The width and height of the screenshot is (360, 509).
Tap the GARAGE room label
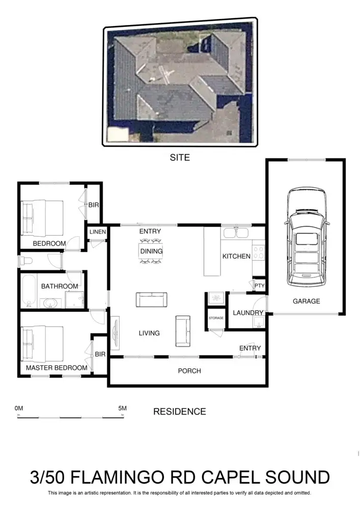pyautogui.click(x=306, y=301)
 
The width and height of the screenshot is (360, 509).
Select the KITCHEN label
pyautogui.click(x=236, y=256)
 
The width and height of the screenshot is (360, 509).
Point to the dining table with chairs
pyautogui.click(x=151, y=251)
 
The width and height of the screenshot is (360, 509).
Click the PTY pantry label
pyautogui.click(x=260, y=286)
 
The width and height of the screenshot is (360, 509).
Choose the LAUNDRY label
pyautogui.click(x=248, y=313)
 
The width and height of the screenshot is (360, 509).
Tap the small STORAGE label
pyautogui.click(x=216, y=318)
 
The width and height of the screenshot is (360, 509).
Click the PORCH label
pyautogui.click(x=189, y=371)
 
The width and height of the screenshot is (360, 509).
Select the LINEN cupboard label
pyautogui.click(x=97, y=232)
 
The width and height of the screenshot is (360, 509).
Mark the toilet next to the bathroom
pyautogui.click(x=26, y=261)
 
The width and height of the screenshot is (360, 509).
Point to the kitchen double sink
pyautogui.click(x=236, y=233)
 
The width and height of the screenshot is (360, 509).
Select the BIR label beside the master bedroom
pyautogui.click(x=100, y=354)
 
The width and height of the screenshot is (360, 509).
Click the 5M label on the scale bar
pyautogui.click(x=122, y=408)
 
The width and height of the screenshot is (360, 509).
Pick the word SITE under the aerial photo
pyautogui.click(x=180, y=158)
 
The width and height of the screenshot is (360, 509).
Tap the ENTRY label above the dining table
pyautogui.click(x=150, y=232)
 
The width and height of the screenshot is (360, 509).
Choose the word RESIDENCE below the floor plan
pyautogui.click(x=180, y=411)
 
